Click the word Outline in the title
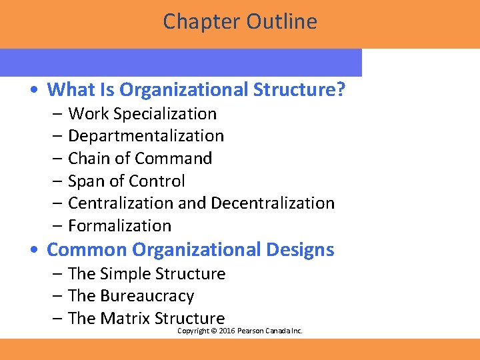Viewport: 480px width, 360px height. pyautogui.click(x=282, y=22)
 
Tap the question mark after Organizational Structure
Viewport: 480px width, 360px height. pyautogui.click(x=341, y=89)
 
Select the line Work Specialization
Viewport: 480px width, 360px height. pyautogui.click(x=142, y=114)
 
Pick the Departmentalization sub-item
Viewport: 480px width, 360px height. pyautogui.click(x=146, y=136)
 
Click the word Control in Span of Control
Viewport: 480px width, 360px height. pyautogui.click(x=157, y=181)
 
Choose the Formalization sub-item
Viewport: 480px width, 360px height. pyautogui.click(x=120, y=226)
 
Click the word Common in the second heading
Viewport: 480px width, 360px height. pyautogui.click(x=87, y=250)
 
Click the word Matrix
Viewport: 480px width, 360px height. pyautogui.click(x=125, y=319)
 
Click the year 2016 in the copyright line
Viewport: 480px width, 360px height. pyautogui.click(x=227, y=331)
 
